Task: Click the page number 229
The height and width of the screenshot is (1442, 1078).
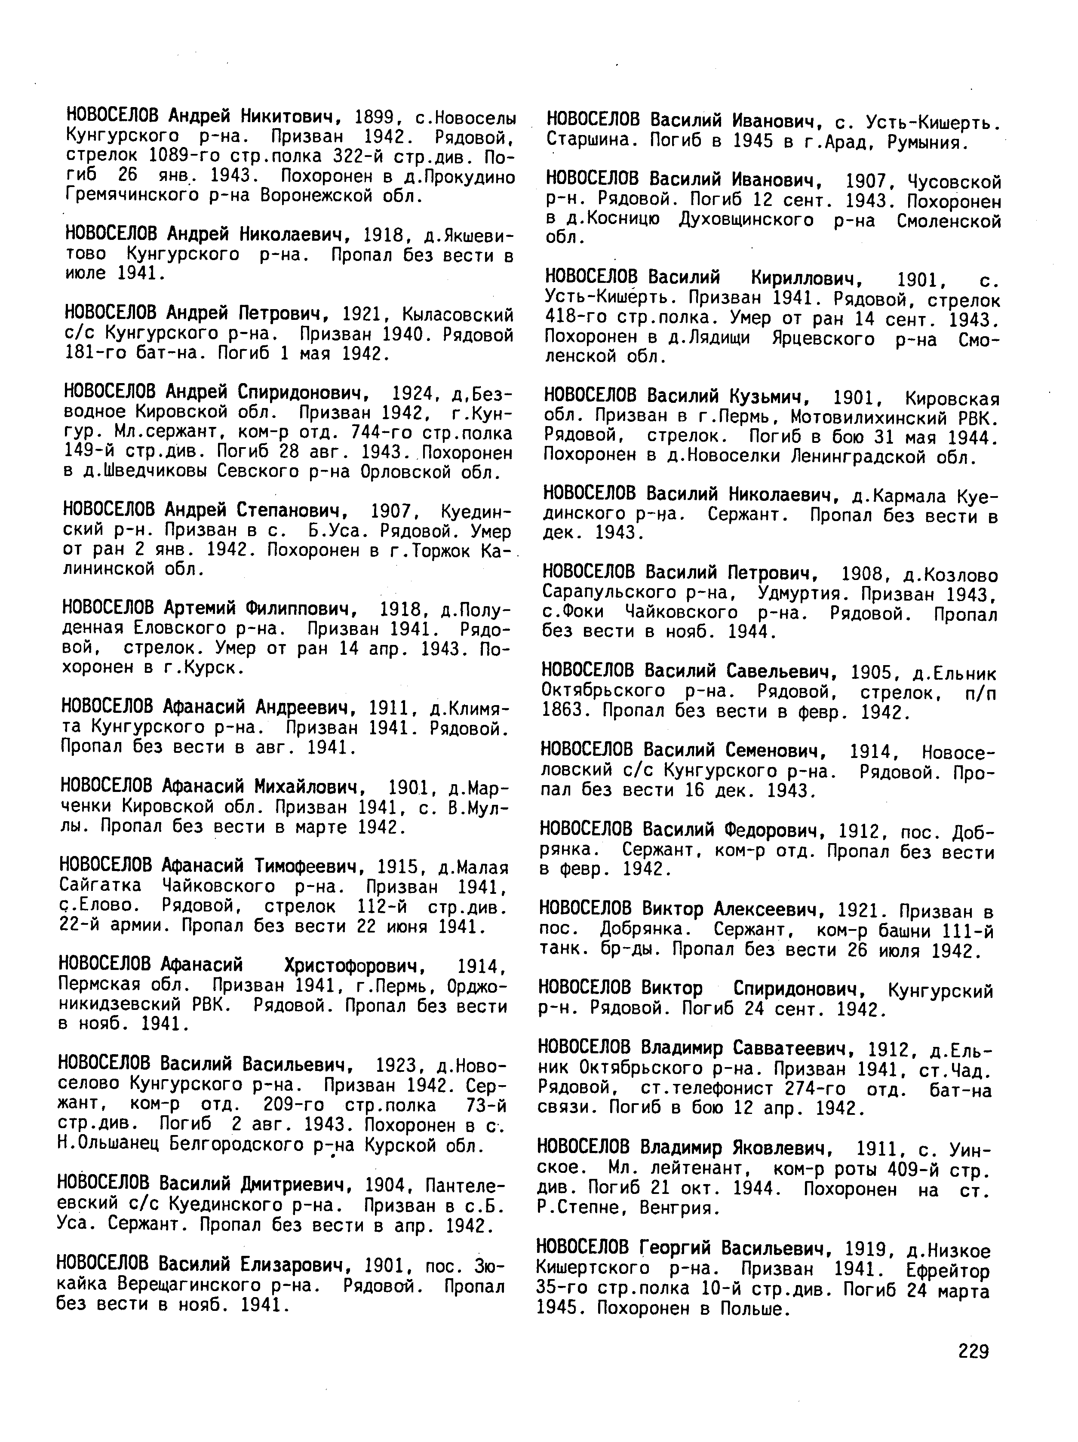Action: [974, 1351]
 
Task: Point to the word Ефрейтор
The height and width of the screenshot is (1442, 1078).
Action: [946, 1270]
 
